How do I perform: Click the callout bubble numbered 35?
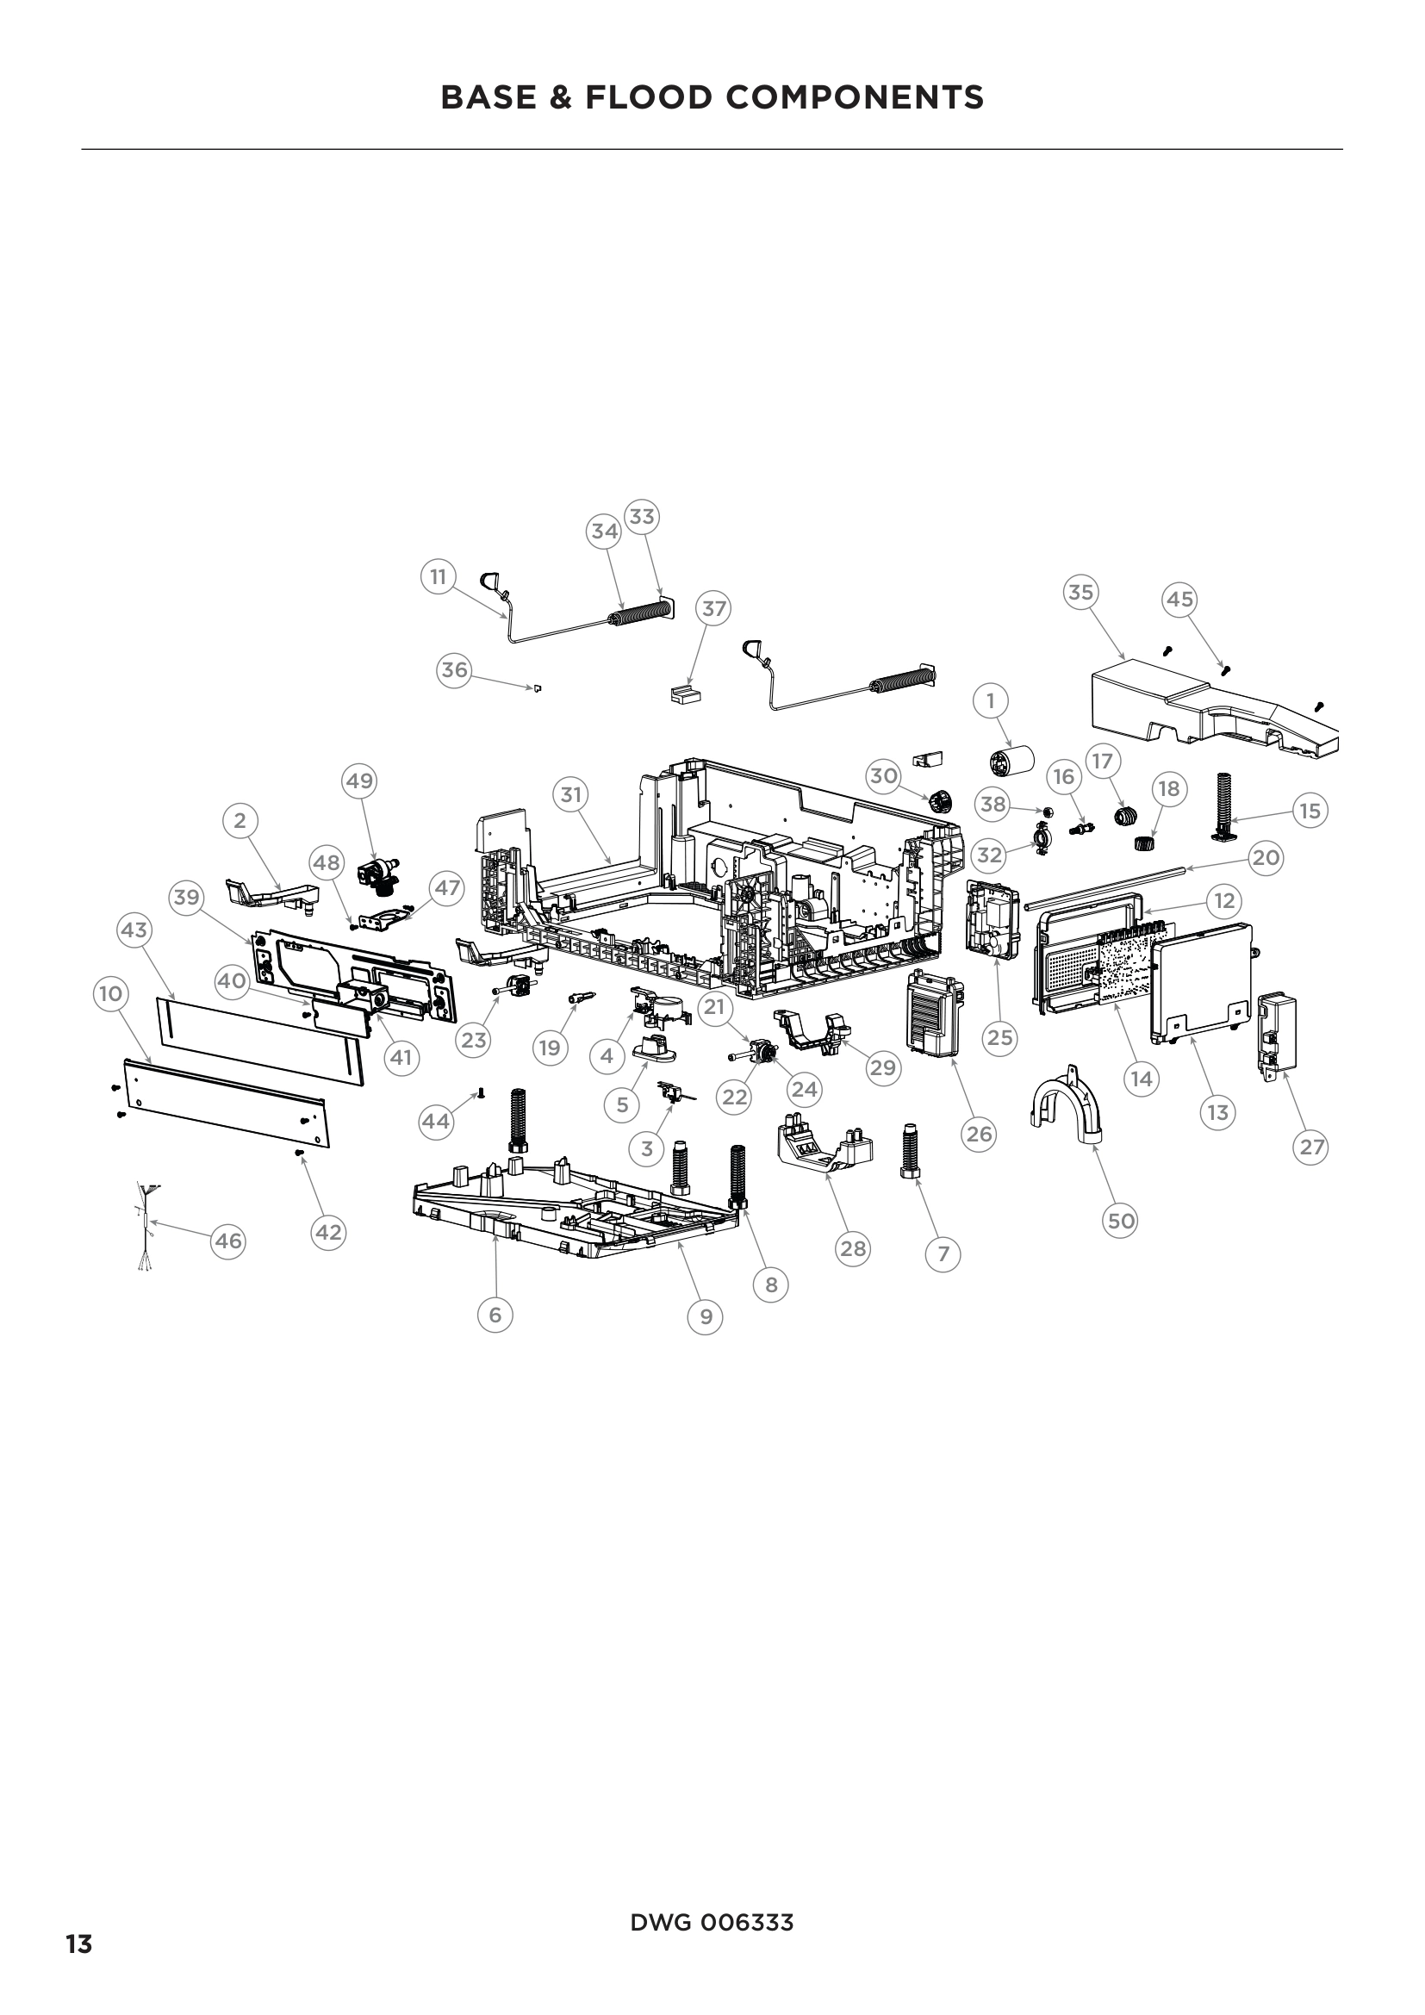click(x=1081, y=593)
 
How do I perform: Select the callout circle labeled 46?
click(x=228, y=1241)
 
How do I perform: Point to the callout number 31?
click(x=571, y=795)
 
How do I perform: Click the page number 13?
click(x=79, y=1943)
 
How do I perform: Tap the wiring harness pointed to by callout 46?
click(x=146, y=1224)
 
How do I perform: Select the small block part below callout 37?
click(x=685, y=695)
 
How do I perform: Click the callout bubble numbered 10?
click(x=110, y=993)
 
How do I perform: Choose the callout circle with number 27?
click(x=1311, y=1147)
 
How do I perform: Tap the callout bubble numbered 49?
click(x=360, y=781)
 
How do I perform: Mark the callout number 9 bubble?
click(x=706, y=1316)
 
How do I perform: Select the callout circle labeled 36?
click(x=454, y=670)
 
